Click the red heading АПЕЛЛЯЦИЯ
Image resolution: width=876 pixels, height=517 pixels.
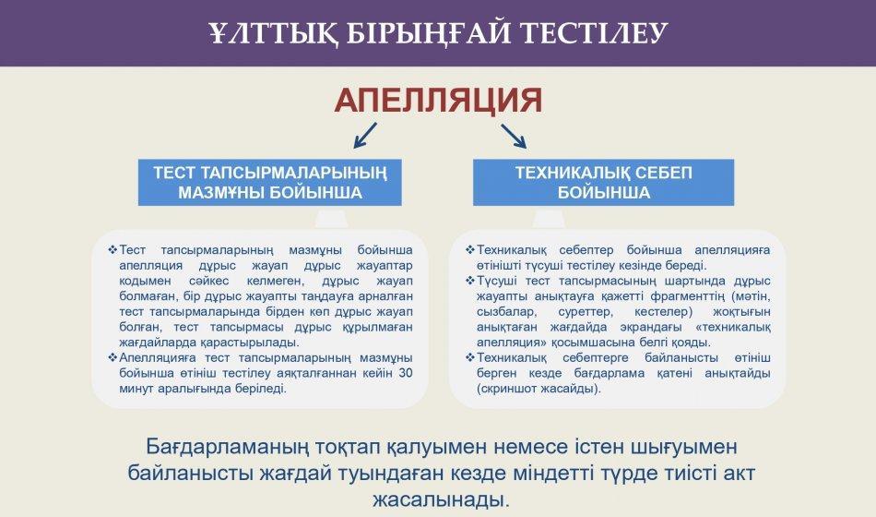coord(439,101)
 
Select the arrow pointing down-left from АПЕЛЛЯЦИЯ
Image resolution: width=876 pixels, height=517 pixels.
coord(365,136)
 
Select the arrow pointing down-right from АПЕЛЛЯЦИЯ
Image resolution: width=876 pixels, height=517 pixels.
coord(514,136)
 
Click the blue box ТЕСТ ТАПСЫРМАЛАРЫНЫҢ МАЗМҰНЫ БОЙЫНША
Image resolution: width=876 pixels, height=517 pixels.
coord(270,183)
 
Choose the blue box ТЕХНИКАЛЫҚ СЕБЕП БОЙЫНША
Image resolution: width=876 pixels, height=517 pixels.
coord(603,183)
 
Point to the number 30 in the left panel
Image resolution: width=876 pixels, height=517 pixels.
coord(406,373)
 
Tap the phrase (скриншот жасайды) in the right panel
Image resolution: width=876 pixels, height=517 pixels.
coord(539,389)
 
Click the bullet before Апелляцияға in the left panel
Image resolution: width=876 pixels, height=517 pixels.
coord(112,357)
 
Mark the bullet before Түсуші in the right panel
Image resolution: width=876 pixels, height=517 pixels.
coord(470,281)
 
